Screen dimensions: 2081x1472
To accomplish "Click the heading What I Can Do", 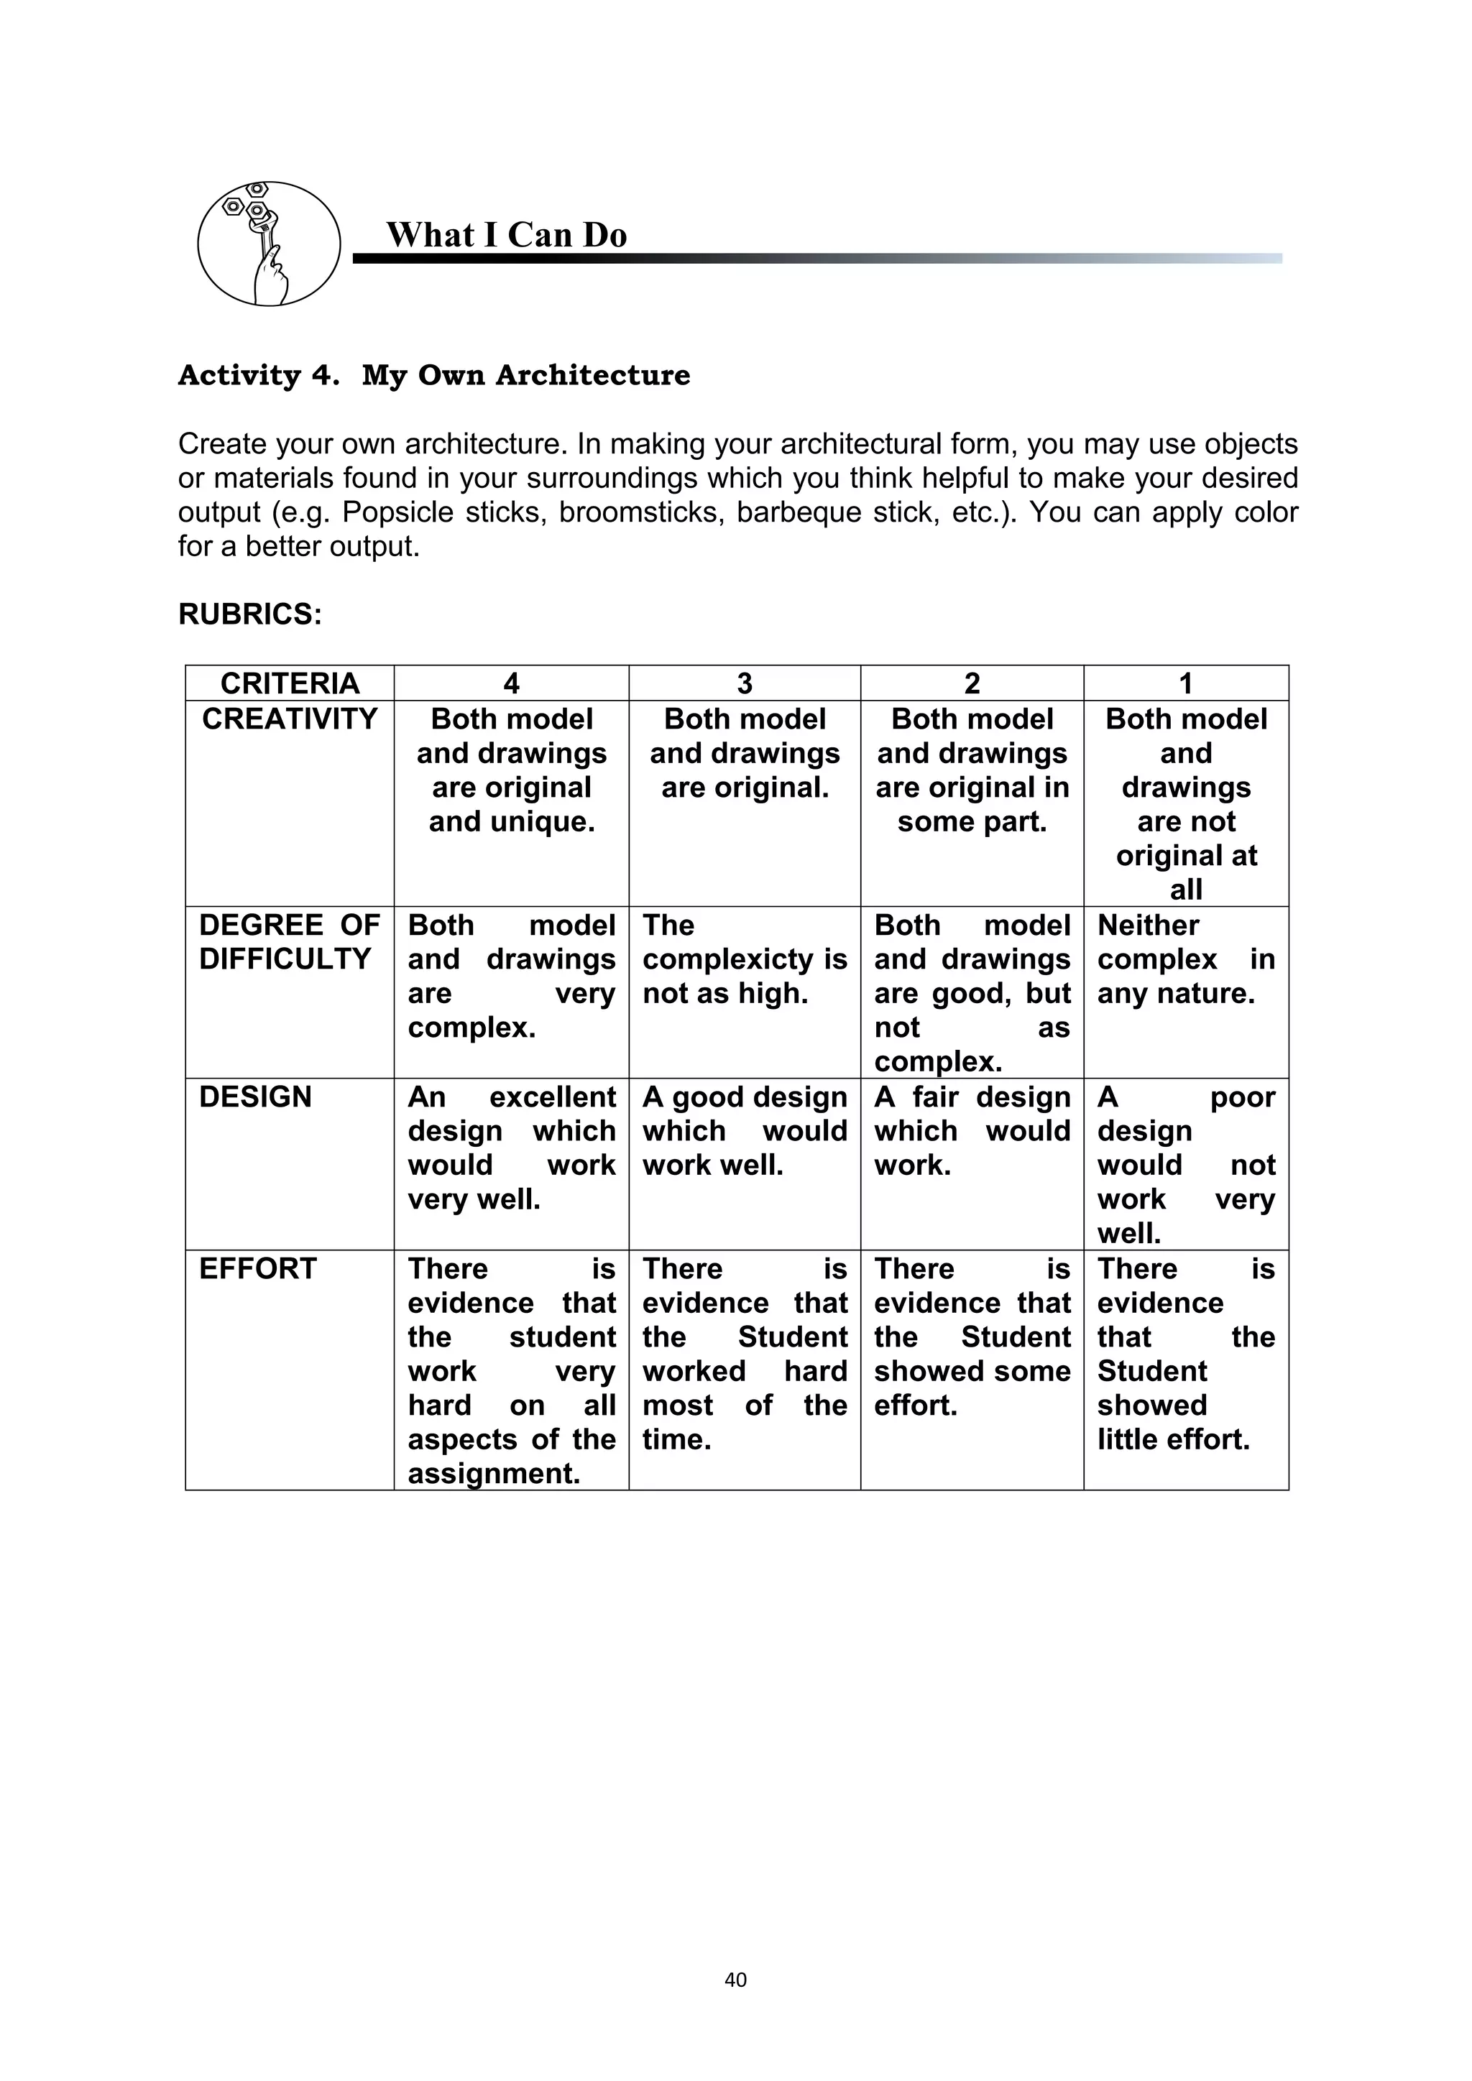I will [x=506, y=235].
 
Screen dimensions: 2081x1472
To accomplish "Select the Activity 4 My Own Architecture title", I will [x=433, y=374].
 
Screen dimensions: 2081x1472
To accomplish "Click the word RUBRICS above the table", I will [x=249, y=614].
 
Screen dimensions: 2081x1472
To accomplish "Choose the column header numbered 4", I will [x=511, y=683].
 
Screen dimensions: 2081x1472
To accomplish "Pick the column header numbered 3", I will [x=744, y=683].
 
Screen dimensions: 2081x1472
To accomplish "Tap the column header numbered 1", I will [x=1185, y=683].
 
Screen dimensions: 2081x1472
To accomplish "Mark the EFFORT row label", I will [x=257, y=1268].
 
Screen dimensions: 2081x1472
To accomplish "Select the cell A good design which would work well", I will [x=744, y=1131].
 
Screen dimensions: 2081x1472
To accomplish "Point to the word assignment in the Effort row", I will [x=493, y=1473].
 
